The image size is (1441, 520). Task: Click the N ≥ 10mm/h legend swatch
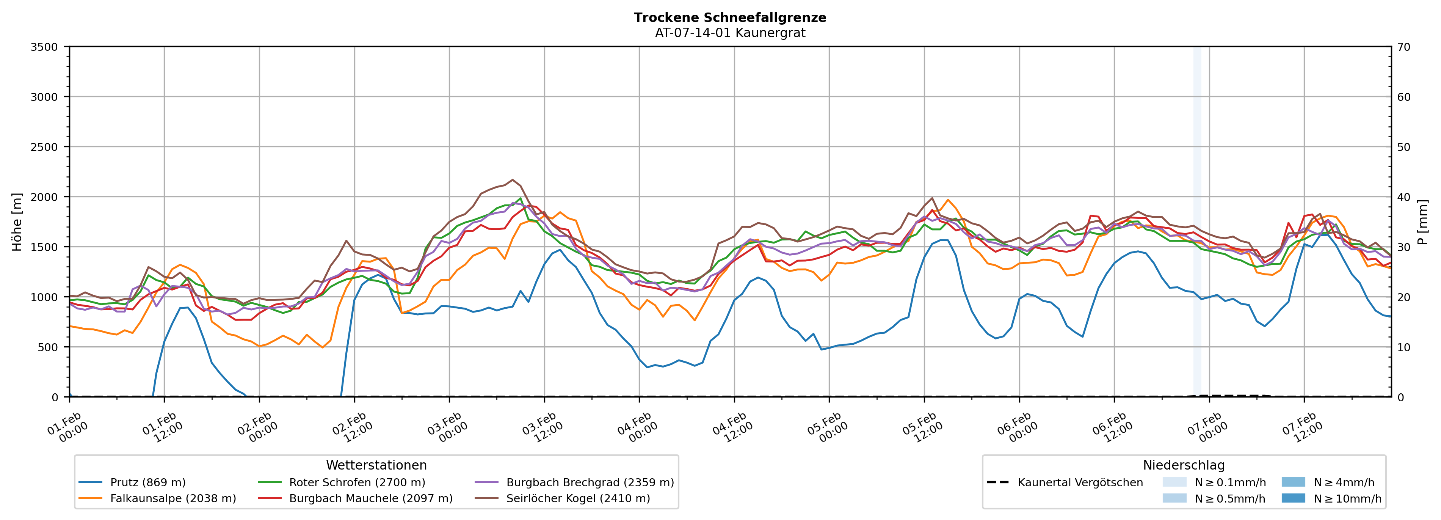tap(1293, 498)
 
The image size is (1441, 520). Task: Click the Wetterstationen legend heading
tap(376, 465)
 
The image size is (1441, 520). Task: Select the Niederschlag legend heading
tap(1184, 465)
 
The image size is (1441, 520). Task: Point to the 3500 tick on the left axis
tap(44, 47)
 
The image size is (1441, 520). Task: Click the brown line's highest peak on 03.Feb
tap(513, 180)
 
